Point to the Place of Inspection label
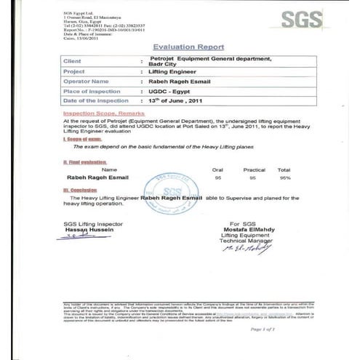coord(90,91)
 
